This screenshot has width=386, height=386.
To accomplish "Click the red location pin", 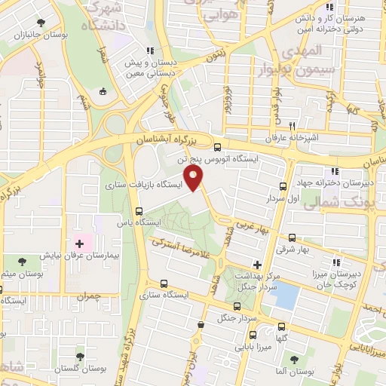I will pyautogui.click(x=195, y=179).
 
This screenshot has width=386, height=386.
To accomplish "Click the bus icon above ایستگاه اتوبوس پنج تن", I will pyautogui.click(x=218, y=148).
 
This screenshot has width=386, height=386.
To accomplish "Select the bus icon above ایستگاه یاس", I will pyautogui.click(x=138, y=212).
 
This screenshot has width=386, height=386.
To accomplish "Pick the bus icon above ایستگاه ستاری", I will pyautogui.click(x=164, y=284).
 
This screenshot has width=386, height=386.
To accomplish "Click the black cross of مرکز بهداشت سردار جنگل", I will pyautogui.click(x=258, y=265).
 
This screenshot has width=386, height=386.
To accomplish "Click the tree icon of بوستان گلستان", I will pyautogui.click(x=81, y=355).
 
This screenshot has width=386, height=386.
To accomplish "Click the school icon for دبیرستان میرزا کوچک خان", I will pyautogui.click(x=336, y=263).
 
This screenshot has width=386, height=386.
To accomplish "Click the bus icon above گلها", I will pyautogui.click(x=282, y=327).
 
